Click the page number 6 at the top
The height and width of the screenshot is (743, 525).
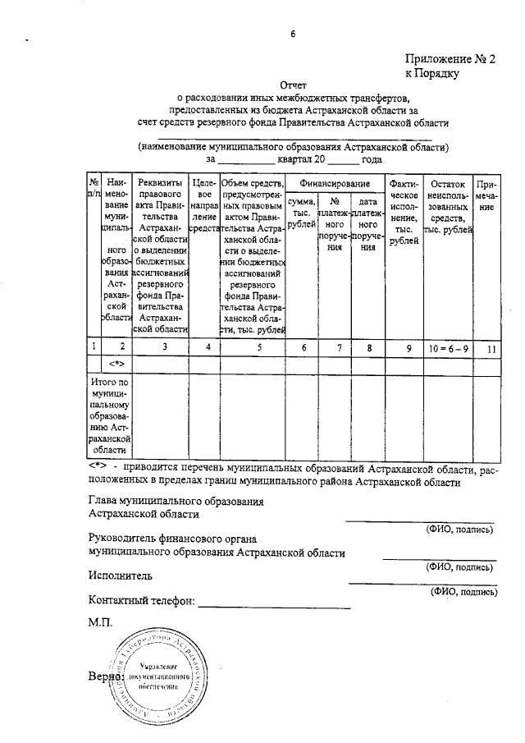click(x=292, y=34)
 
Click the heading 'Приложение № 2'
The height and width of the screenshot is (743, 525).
click(x=450, y=58)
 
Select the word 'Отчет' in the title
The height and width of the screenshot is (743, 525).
click(x=292, y=85)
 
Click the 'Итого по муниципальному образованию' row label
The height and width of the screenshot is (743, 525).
click(x=109, y=415)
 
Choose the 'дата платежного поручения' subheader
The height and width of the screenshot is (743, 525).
click(x=368, y=223)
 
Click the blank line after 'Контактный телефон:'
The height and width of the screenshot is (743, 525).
click(x=274, y=605)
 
